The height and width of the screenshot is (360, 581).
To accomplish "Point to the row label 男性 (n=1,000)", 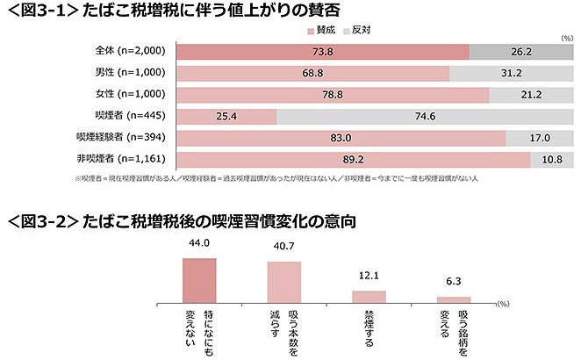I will pyautogui.click(x=125, y=72).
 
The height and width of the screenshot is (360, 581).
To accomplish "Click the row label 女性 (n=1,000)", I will pyautogui.click(x=125, y=94).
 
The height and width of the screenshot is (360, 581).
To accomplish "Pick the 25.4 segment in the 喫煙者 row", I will pyautogui.click(x=227, y=116).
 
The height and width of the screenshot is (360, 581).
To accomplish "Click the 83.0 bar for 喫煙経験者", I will pyautogui.click(x=341, y=138).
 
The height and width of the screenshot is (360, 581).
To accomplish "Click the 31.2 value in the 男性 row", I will pyautogui.click(x=513, y=72).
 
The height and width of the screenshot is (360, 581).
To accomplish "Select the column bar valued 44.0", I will pyautogui.click(x=199, y=280).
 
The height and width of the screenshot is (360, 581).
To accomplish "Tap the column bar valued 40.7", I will pyautogui.click(x=283, y=282).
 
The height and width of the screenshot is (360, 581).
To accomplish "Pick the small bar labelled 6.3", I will pyautogui.click(x=454, y=299).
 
